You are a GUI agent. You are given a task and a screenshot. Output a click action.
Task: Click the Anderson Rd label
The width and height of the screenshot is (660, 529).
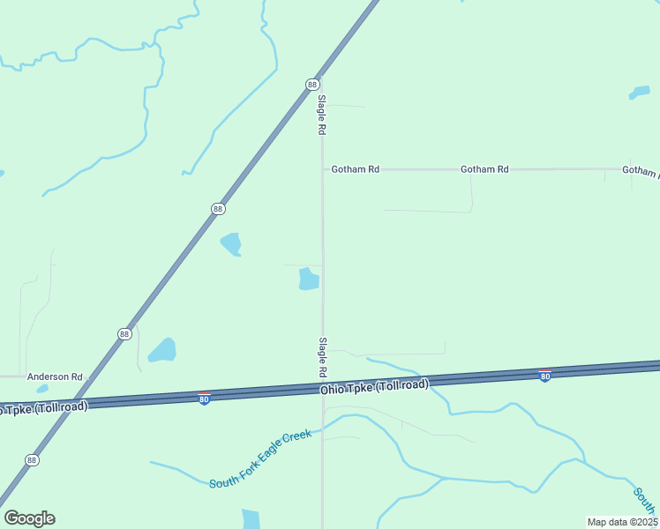coord(55,376)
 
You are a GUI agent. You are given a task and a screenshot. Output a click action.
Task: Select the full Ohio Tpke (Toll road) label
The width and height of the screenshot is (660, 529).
coord(374,386)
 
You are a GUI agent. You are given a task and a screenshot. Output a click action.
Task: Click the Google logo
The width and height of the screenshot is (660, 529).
coord(29,518)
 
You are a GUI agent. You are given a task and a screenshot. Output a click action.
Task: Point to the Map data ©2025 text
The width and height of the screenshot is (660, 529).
coord(623,522)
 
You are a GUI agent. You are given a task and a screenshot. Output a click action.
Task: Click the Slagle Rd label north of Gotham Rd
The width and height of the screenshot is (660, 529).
coord(323,115)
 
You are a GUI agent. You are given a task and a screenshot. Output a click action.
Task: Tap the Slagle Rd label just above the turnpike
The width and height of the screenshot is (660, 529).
coord(323,357)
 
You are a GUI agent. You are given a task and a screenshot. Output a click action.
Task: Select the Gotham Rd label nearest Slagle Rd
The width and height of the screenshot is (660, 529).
coord(355,169)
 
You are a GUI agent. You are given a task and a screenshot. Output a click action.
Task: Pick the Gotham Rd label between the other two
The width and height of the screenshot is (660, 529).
coord(484,169)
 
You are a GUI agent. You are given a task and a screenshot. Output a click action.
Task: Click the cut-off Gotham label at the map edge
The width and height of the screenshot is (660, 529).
coord(641,170)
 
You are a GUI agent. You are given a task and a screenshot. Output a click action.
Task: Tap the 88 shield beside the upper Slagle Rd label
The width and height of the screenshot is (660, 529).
coord(312,84)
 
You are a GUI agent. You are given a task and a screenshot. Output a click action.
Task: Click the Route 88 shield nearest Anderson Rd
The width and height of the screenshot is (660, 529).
coord(124,333)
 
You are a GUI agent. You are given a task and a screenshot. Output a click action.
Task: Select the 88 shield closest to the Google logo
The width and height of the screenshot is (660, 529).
coord(32,460)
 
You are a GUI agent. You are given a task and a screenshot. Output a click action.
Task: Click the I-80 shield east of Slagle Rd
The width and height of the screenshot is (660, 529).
coord(545,376)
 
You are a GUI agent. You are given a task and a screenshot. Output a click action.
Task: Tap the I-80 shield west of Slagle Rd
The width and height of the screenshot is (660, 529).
coord(204,399)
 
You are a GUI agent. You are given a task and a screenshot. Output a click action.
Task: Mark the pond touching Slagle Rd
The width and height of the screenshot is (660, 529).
coord(308,279)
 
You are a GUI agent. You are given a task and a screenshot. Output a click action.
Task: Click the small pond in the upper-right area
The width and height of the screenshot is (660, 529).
coord(639,93)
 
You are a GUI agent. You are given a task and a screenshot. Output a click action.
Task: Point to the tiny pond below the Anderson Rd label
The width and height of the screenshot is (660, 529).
coord(42,388)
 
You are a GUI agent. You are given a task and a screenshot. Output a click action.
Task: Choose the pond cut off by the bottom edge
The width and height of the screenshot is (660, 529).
coord(251,519)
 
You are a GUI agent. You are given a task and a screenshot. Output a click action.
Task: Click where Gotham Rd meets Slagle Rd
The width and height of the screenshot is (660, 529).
coord(322,169)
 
